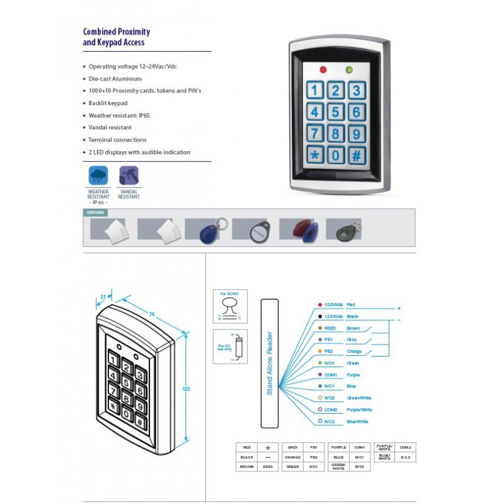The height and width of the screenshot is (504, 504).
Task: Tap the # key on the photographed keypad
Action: (356, 155)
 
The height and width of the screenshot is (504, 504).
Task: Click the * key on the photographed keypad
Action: (314, 154)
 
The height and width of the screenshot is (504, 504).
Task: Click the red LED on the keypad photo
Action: (324, 70)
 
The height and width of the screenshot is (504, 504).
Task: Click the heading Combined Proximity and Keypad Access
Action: (117, 37)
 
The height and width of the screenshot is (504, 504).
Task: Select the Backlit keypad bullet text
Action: (108, 103)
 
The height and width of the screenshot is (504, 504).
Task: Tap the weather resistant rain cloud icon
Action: (98, 175)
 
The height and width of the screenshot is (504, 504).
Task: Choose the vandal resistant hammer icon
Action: (129, 175)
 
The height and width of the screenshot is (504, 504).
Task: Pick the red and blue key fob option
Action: (298, 231)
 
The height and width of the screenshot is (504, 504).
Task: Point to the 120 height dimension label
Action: (186, 389)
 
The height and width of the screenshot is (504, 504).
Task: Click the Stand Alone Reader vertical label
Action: (269, 364)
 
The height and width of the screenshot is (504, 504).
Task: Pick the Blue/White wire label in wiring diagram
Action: (357, 421)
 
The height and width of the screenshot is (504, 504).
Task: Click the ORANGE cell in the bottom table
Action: (292, 457)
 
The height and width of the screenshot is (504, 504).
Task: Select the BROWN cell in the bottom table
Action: (246, 467)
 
